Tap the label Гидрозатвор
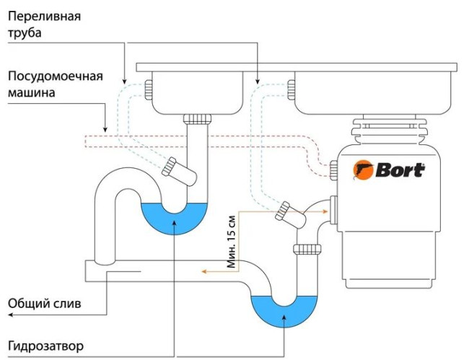coord(46,346)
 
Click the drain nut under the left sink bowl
coord(197,118)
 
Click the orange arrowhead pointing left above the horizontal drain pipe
coord(204,272)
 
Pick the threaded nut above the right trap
coord(306,249)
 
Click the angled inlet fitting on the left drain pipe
coord(172,168)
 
